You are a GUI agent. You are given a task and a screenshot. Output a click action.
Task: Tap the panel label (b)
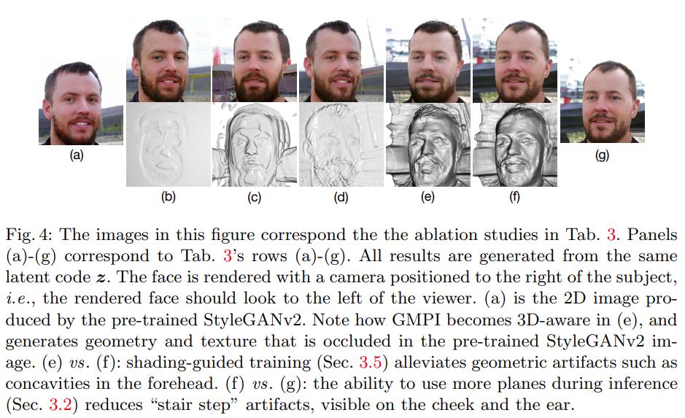pos(168,196)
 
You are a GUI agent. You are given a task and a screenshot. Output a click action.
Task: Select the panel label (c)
pos(255,196)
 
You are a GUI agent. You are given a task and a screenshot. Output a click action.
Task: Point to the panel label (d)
pos(341,196)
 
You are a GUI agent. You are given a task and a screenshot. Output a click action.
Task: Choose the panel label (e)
pos(427,196)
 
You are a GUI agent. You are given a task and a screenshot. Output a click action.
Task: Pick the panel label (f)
pos(514,196)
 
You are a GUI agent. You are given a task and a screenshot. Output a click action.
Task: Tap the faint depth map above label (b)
pos(168,144)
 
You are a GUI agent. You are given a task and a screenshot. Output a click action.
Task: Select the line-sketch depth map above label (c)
pos(255,144)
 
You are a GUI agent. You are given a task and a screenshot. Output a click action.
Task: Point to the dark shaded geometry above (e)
pos(427,144)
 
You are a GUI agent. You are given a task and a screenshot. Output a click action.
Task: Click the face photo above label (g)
pos(603,101)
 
